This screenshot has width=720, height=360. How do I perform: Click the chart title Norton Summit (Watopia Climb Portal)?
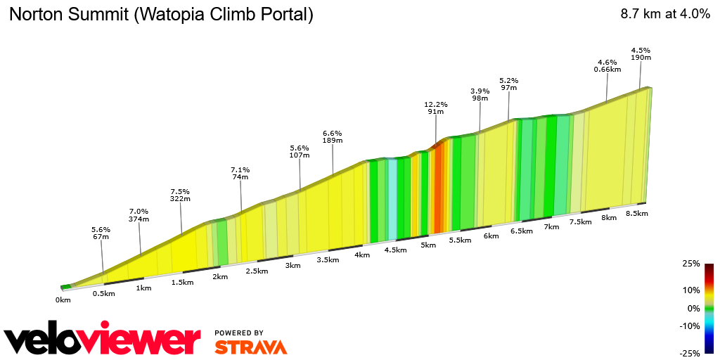161,15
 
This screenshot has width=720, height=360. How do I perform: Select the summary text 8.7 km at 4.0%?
664,15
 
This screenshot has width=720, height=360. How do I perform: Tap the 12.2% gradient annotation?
436,108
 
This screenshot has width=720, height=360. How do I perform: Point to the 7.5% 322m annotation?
180,195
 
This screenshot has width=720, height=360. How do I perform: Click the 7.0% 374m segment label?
139,215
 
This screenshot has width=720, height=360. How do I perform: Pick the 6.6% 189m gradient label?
332,136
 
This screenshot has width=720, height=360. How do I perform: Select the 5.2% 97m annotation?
508,84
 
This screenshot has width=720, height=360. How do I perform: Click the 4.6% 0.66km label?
607,65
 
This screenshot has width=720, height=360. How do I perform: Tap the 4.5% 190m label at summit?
641,53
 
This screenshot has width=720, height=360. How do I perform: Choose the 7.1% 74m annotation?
240,173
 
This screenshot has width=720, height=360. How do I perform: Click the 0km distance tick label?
63,300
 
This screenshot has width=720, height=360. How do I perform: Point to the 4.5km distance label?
396,250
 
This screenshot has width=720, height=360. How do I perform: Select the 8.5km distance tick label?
636,213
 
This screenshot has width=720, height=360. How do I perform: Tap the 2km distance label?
220,276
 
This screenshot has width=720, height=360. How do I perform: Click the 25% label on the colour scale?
691,264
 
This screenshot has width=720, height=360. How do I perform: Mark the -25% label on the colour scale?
690,352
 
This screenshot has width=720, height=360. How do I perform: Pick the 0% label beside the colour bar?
693,308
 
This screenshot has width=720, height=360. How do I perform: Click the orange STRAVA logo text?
250,347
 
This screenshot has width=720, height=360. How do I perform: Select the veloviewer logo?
103,340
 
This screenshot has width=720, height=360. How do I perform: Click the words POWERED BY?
239,333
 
